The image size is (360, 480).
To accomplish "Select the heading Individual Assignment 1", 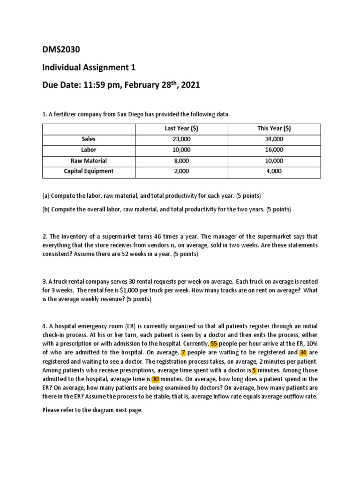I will pos(89,67).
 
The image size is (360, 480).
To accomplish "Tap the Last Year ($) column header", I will pos(181,129).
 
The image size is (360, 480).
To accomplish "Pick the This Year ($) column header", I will pos(274,129).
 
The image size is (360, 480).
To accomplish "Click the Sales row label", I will pos(89,139).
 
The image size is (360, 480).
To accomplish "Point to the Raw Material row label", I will pos(89,160).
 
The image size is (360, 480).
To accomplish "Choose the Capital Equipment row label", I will pos(89,171).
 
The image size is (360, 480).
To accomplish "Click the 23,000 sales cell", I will pos(181,139).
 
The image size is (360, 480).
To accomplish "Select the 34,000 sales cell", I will pos(274,139).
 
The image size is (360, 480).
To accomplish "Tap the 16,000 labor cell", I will pos(274,150).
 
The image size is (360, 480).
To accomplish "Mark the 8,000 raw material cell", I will pos(181,160).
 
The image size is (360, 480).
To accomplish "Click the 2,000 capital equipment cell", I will pos(181,171).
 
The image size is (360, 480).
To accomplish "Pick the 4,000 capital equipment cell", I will pos(274,171).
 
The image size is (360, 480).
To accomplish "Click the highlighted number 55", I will pos(214,344).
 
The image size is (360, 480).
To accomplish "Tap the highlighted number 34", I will pos(303,352).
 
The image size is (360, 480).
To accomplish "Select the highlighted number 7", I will pos(183,352).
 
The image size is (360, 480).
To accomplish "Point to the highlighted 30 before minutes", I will pos(155,379).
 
